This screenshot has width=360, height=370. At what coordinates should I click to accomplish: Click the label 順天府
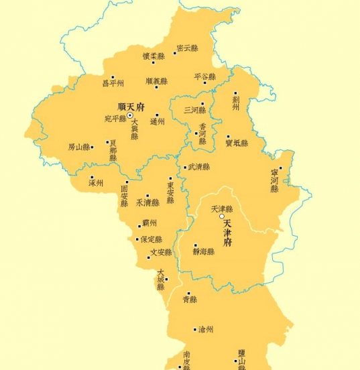pyautogui.click(x=131, y=107)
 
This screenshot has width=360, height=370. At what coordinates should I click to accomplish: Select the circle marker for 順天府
pyautogui.click(x=130, y=116)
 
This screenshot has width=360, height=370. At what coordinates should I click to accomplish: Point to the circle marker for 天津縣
pyautogui.click(x=221, y=217)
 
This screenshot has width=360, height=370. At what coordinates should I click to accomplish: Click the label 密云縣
pyautogui.click(x=187, y=48)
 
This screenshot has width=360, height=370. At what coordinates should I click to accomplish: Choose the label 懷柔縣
pyautogui.click(x=154, y=56)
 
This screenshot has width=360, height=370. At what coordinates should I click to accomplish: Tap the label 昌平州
pyautogui.click(x=113, y=84)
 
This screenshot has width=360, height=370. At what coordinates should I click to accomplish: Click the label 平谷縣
pyautogui.click(x=204, y=76)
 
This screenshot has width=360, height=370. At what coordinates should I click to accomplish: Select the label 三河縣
pyautogui.click(x=194, y=110)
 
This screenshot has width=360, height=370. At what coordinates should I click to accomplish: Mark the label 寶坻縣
pyautogui.click(x=237, y=143)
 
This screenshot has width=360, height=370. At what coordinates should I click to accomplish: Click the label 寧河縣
pyautogui.click(x=274, y=180)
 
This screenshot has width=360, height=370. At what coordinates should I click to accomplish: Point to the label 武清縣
pyautogui.click(x=198, y=167)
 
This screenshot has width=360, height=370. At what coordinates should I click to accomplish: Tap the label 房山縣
pyautogui.click(x=78, y=147)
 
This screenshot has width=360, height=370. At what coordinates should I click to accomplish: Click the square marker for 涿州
pyautogui.click(x=92, y=177)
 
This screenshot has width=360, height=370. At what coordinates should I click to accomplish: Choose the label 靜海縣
pyautogui.click(x=203, y=252)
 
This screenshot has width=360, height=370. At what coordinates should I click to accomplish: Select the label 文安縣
pyautogui.click(x=161, y=253)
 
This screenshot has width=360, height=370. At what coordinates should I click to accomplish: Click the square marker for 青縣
pyautogui.click(x=188, y=294)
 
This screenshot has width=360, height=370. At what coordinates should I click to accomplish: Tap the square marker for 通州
pyautogui.click(x=158, y=115)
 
